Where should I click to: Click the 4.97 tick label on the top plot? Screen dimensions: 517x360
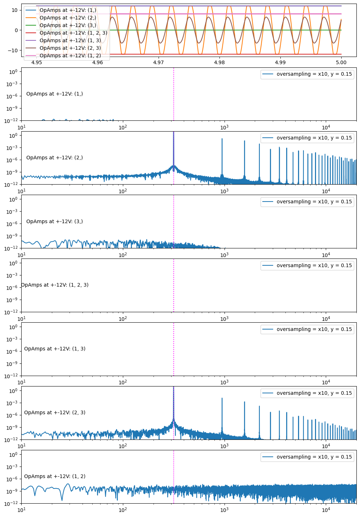point(159,63)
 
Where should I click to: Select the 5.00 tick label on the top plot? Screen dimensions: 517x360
point(341,63)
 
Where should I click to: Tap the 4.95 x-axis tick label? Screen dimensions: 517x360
point(37,63)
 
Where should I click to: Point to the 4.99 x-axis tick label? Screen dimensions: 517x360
point(280,63)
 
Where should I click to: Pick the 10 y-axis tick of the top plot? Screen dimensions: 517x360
point(15,10)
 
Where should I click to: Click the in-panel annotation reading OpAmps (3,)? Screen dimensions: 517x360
point(54,221)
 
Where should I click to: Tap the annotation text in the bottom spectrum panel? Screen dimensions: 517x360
point(55,476)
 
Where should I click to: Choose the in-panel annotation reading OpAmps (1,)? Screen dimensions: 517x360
point(54,94)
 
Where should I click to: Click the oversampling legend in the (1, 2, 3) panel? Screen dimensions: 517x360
point(307,265)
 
